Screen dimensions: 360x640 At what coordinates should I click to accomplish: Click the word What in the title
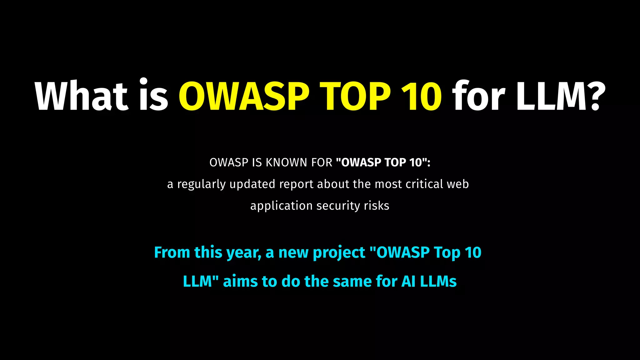81,96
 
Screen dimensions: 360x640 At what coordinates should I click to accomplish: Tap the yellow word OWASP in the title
244,96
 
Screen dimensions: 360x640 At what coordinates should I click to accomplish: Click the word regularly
202,184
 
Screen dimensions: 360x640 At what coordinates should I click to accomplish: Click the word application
281,206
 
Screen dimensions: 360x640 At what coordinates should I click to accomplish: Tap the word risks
377,206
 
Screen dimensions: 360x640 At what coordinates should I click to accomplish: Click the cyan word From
172,252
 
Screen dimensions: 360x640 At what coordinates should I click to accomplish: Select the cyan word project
339,252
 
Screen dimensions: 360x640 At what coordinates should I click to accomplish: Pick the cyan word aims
241,281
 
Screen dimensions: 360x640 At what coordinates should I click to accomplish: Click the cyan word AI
408,281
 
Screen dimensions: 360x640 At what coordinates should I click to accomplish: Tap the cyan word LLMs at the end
438,281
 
